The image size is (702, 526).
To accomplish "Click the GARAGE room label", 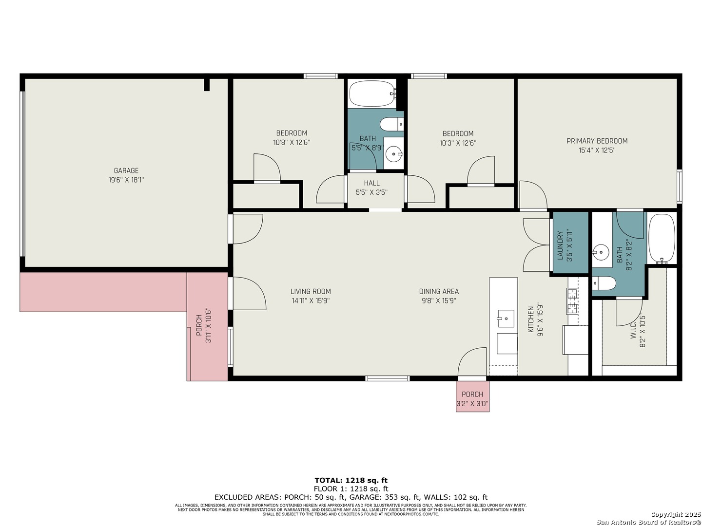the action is coord(126,171).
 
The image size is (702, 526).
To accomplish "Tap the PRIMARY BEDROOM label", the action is coord(597,141).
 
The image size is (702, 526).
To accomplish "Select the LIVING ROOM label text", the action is coord(311,291).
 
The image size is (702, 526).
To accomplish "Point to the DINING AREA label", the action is coord(439,291).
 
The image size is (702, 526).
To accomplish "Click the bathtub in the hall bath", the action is coord(370,93).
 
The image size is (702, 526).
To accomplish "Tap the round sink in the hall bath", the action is coord(393,155).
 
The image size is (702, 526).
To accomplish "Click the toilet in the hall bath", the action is coord(392,124).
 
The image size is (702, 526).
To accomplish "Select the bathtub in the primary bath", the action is coord(662,239).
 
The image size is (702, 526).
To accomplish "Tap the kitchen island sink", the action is coord(506,319).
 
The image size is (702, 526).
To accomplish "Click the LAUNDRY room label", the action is coord(560,245).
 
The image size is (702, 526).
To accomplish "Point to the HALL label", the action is coord(371,183).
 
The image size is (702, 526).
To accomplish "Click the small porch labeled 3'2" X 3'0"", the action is coord(472,396).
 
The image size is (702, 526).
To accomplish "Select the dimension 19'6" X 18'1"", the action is coord(126,180).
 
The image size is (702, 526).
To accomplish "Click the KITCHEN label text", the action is coord(531,319).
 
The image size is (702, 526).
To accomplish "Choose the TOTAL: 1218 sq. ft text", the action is coord(351,480).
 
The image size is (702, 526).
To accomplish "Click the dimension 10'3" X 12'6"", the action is coord(458,143).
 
